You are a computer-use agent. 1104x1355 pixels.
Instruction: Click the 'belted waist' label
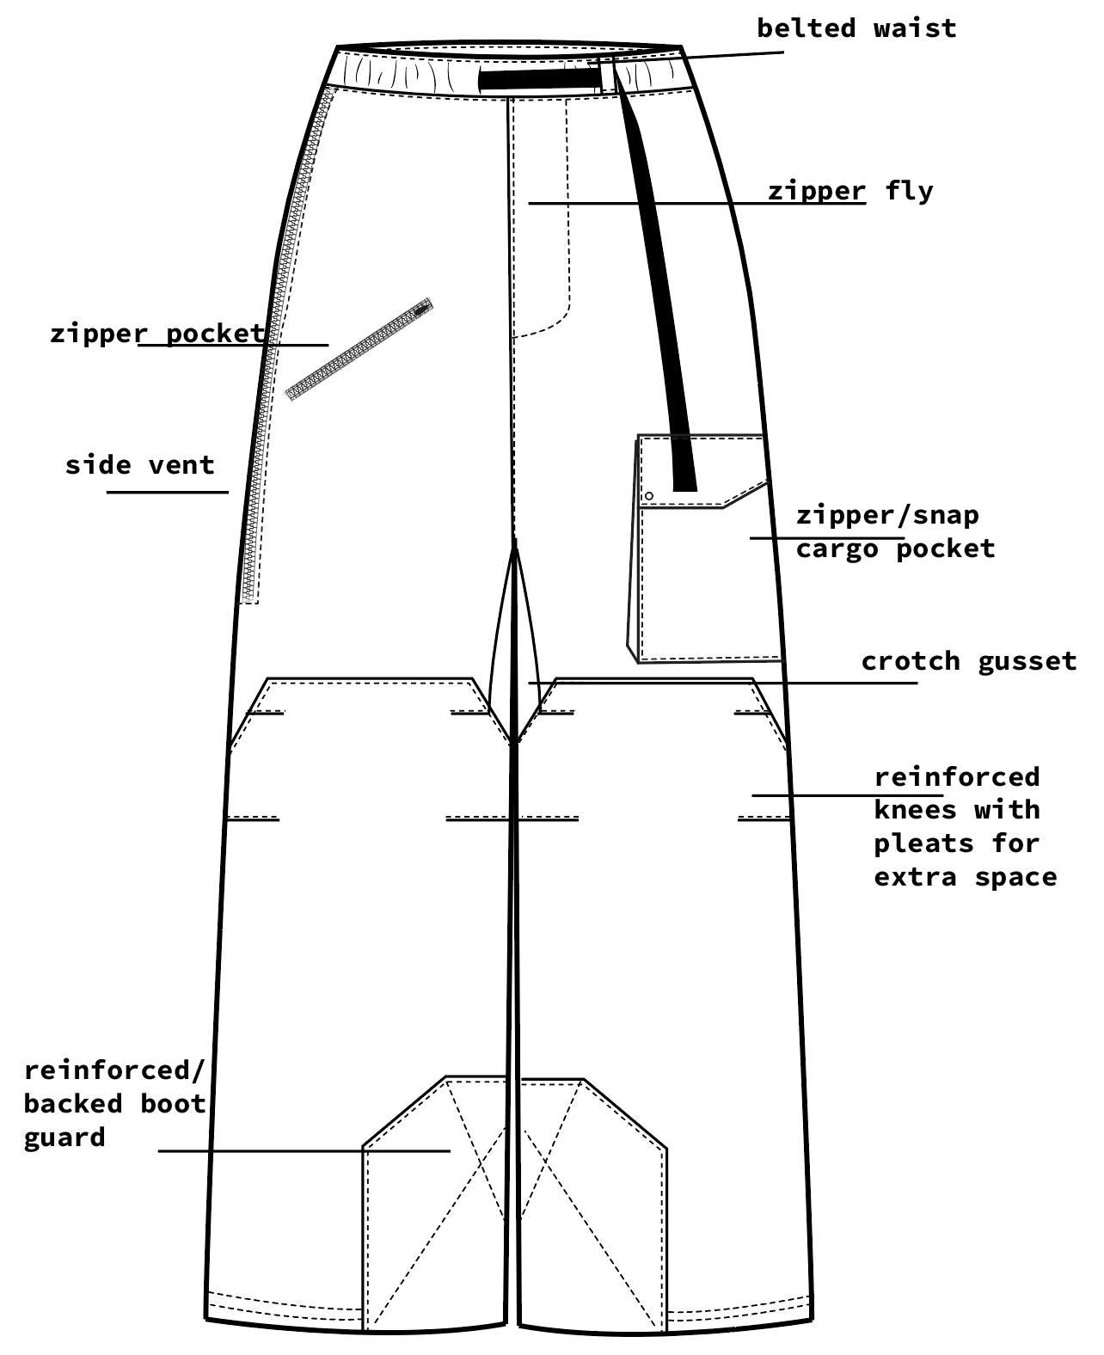[x=856, y=28]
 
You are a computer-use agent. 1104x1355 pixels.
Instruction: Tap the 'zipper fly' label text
[x=849, y=190]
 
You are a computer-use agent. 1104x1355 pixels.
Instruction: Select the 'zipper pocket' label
[x=157, y=333]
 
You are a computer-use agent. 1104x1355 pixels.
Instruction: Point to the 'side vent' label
[x=139, y=465]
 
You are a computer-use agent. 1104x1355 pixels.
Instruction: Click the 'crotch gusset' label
[x=968, y=661]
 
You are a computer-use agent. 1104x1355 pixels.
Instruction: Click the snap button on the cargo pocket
[x=649, y=496]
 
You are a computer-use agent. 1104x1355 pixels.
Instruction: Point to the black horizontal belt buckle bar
[x=539, y=80]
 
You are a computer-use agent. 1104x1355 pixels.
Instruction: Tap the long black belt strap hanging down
[x=662, y=301]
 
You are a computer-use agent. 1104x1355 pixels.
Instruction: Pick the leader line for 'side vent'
[x=168, y=492]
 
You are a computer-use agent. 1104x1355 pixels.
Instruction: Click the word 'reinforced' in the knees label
[x=956, y=777]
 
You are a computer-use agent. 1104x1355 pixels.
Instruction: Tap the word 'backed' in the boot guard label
[x=73, y=1104]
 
